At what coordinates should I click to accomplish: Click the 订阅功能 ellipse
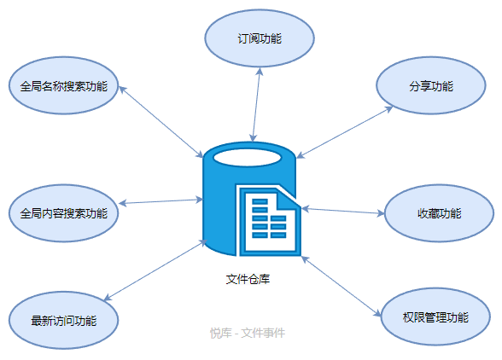[260, 38]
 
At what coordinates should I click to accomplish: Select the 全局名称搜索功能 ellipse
[63, 85]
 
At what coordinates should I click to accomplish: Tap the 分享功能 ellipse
[431, 85]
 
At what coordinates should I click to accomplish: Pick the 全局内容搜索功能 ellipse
[63, 213]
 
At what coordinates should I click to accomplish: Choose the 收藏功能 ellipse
[439, 213]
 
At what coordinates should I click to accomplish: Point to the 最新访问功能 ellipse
[63, 320]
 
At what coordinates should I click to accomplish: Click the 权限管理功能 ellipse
[435, 316]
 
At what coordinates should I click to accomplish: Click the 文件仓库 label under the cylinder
[248, 279]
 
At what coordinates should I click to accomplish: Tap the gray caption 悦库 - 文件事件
[248, 333]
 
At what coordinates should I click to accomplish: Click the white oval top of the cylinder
[248, 158]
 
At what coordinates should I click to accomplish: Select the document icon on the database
[269, 220]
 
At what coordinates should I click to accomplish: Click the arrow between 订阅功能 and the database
[256, 105]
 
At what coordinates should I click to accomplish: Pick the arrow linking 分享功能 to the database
[345, 132]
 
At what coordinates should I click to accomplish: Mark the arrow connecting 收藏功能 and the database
[343, 212]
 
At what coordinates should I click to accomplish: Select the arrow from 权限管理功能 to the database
[341, 287]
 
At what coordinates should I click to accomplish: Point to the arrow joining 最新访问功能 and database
[155, 270]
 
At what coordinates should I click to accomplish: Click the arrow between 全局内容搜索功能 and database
[161, 201]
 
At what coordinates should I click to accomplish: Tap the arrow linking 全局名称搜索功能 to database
[161, 122]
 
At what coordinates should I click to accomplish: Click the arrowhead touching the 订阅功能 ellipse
[260, 72]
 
